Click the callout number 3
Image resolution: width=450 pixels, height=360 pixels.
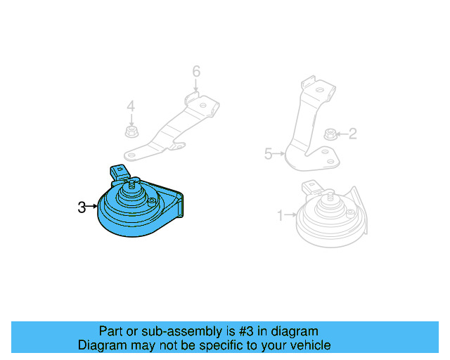82,207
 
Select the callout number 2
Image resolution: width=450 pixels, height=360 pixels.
352,133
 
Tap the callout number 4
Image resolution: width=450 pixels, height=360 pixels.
130,107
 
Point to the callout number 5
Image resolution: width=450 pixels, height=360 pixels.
268,153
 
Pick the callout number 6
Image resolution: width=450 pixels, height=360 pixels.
196,71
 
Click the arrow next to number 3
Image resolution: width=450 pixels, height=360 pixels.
92,207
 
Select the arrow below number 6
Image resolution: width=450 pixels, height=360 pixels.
196,85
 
